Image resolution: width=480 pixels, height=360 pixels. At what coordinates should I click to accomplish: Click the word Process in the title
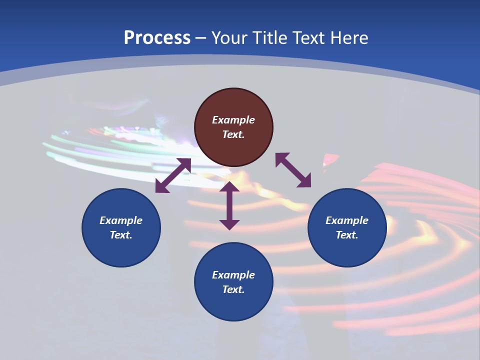click(x=157, y=38)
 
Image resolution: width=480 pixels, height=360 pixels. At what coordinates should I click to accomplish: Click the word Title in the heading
click(x=267, y=38)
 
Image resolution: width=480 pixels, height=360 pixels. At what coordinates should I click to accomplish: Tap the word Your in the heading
click(x=230, y=38)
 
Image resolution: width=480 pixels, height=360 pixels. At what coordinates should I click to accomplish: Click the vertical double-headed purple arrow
click(x=229, y=205)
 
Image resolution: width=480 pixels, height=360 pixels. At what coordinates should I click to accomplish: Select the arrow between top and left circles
click(x=173, y=175)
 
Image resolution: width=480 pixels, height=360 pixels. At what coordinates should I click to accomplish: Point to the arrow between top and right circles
click(x=293, y=170)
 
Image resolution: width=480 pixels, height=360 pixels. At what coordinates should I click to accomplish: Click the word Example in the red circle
click(x=233, y=120)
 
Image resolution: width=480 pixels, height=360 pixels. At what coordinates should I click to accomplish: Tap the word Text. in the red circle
click(x=233, y=134)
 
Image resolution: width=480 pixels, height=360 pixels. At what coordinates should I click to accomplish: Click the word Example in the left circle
click(x=121, y=220)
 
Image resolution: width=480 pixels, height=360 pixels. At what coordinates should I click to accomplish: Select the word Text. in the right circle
click(x=347, y=235)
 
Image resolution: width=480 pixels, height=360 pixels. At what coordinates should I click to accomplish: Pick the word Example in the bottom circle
click(x=233, y=275)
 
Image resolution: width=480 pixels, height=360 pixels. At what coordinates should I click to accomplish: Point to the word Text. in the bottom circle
click(x=233, y=289)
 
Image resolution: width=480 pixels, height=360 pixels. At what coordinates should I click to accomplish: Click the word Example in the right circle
click(x=347, y=220)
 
